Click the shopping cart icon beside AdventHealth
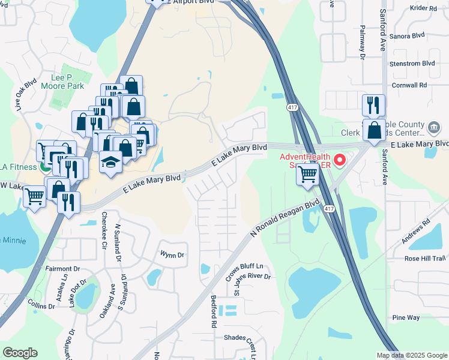click(x=307, y=175)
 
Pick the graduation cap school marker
click(x=110, y=162)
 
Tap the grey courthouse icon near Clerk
click(x=433, y=128)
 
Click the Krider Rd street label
click(x=423, y=8)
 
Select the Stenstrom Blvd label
click(x=412, y=63)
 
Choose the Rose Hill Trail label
click(x=425, y=259)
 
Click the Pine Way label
click(x=405, y=317)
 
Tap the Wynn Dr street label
click(x=172, y=255)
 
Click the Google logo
click(x=20, y=353)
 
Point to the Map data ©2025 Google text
click(x=412, y=355)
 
